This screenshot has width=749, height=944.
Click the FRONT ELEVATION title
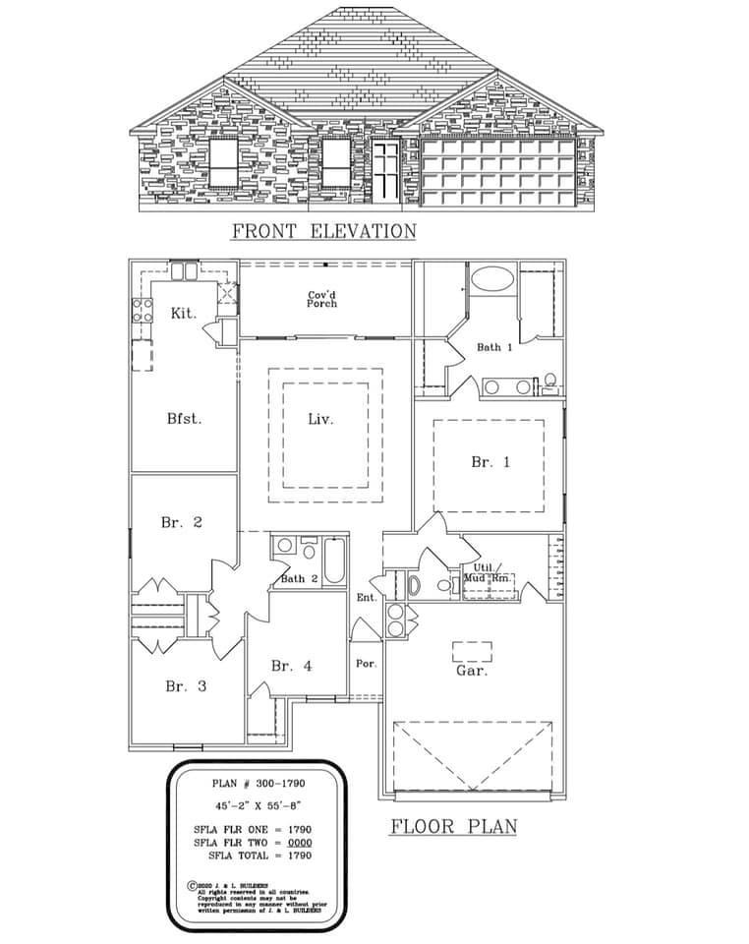323,232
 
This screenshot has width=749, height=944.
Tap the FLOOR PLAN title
453,825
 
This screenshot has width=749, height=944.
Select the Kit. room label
184,313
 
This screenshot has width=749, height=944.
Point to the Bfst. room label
184,418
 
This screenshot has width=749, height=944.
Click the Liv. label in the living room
320,418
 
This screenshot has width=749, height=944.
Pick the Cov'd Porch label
322,299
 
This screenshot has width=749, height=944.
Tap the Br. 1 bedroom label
490,461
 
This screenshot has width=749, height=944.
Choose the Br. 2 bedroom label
181,522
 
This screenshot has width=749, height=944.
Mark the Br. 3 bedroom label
185,686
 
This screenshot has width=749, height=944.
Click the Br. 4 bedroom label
291,666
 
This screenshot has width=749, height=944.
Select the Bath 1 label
494,347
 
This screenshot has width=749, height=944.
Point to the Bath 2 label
299,578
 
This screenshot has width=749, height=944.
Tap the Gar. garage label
472,671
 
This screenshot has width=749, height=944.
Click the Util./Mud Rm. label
489,573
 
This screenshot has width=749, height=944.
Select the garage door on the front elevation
497,172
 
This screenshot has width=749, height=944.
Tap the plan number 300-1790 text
260,785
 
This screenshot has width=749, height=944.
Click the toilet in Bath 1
550,381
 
